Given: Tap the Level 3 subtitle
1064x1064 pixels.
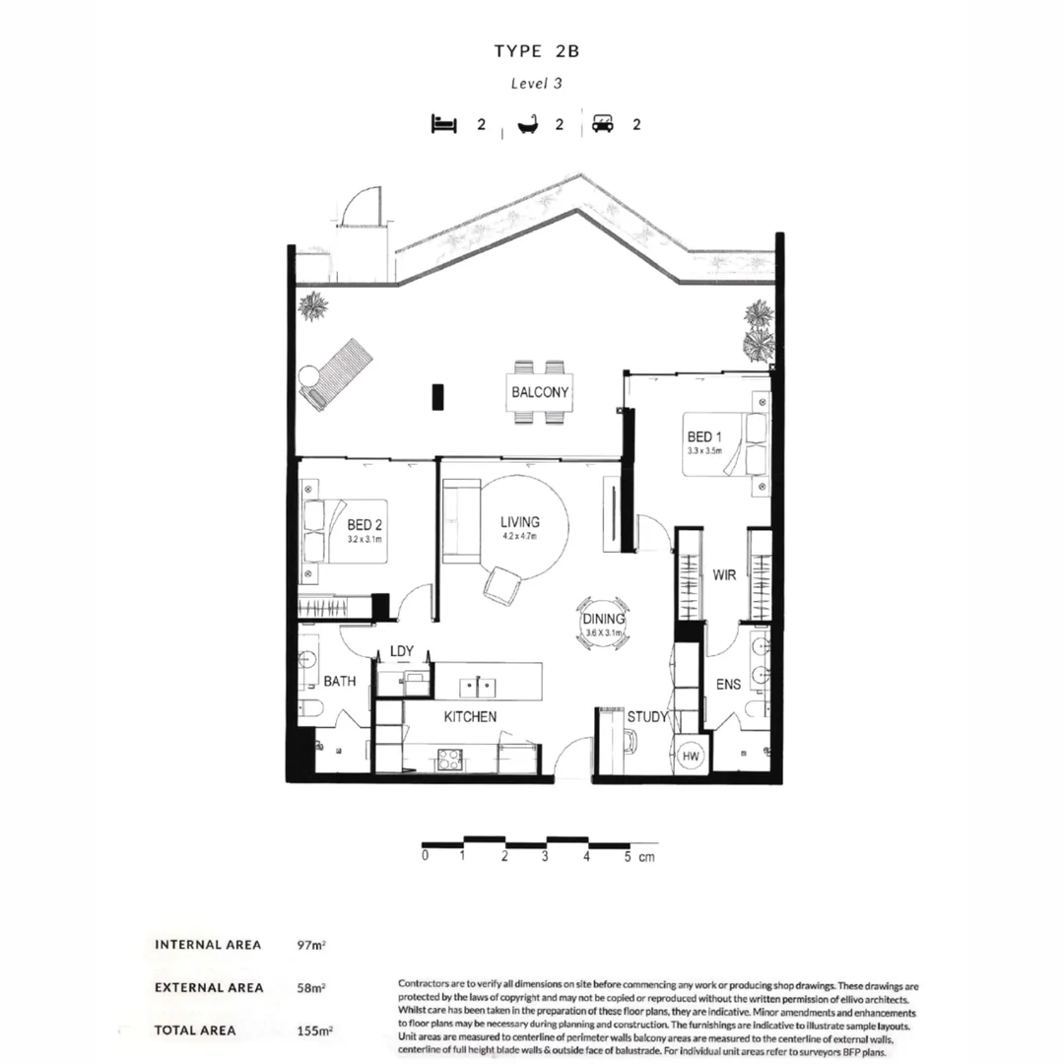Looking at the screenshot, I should (536, 84).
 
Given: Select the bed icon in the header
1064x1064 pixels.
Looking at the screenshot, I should (444, 124).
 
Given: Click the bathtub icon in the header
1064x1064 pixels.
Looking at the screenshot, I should (529, 125).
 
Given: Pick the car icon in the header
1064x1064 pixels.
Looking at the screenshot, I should (603, 124).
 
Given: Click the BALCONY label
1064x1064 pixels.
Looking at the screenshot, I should (540, 392).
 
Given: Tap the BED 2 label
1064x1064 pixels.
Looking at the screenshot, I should (366, 526).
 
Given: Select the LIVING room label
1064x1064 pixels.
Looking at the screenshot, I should (519, 522).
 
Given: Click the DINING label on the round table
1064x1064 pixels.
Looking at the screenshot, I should (604, 619).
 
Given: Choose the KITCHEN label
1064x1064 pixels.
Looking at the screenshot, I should (470, 717).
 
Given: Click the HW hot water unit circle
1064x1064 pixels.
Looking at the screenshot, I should (692, 755).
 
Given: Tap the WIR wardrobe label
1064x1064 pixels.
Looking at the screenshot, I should (725, 574).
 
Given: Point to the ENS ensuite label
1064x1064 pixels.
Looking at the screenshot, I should (728, 685).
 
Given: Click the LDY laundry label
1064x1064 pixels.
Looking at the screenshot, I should (401, 651).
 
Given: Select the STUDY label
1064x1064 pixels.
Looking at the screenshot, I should (647, 717).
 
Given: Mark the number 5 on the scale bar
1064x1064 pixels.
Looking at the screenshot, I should (627, 857).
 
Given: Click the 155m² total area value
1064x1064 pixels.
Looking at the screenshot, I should (314, 1031).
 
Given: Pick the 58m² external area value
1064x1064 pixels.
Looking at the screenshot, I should (310, 987).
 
